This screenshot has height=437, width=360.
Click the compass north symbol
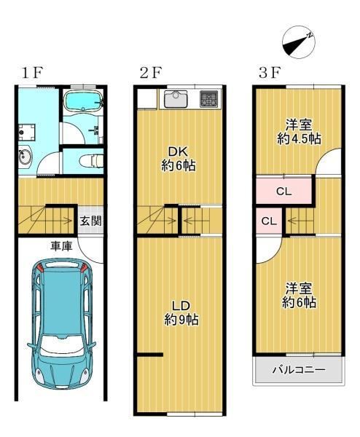[299, 42]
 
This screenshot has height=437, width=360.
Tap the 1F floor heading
[32, 73]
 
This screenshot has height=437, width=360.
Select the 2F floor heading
[151, 73]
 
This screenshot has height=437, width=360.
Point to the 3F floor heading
[270, 73]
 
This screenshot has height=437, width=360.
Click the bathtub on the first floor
[83, 101]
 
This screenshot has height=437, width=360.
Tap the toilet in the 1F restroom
[91, 161]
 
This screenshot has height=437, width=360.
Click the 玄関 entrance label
[90, 221]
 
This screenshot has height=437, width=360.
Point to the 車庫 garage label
[61, 246]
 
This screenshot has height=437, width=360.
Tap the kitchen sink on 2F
[176, 99]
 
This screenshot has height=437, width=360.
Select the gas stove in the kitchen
[208, 99]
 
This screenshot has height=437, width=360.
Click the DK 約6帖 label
[179, 159]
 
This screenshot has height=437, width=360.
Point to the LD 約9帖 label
[181, 312]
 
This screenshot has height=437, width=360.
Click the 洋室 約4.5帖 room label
[299, 132]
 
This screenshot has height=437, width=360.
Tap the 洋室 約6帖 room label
[299, 296]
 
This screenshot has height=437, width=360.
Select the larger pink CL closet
[283, 191]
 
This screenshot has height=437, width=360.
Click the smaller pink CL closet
[269, 221]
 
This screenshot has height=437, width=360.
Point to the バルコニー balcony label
[299, 370]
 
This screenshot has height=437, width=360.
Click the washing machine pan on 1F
[27, 133]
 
